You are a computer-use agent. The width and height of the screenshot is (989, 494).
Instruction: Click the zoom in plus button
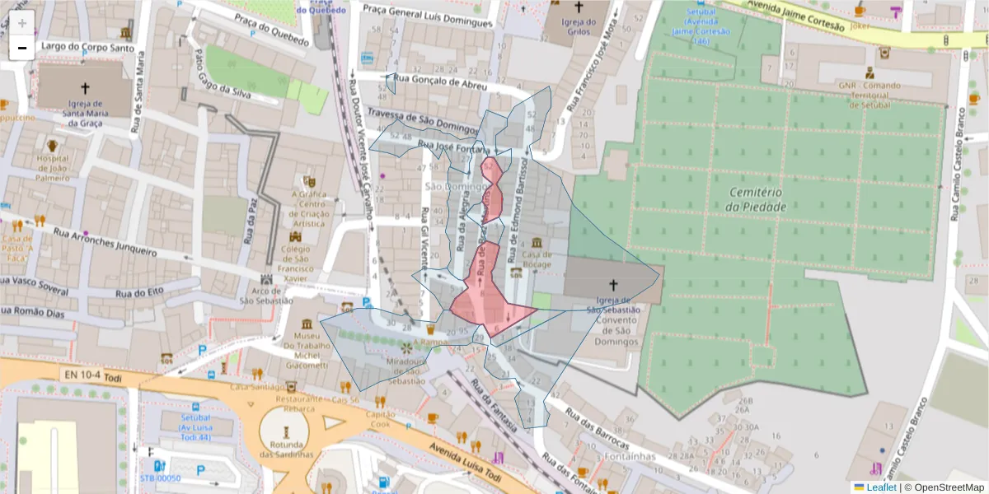(x=21, y=22)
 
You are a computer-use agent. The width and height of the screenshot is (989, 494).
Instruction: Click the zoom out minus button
(x=21, y=48)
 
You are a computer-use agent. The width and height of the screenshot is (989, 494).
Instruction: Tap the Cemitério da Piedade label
(x=757, y=199)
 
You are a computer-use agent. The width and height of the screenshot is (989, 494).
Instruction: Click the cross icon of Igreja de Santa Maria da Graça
(x=84, y=87)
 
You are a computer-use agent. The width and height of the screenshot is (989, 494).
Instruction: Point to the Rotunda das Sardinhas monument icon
(x=285, y=431)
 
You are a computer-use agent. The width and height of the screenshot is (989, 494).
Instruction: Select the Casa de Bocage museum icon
(x=537, y=244)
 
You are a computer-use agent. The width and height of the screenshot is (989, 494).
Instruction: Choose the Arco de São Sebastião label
(x=265, y=295)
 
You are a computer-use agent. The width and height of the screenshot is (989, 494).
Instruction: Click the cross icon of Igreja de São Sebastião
(x=612, y=284)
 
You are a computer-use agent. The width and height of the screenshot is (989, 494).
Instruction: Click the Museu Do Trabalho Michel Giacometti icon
(x=307, y=324)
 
